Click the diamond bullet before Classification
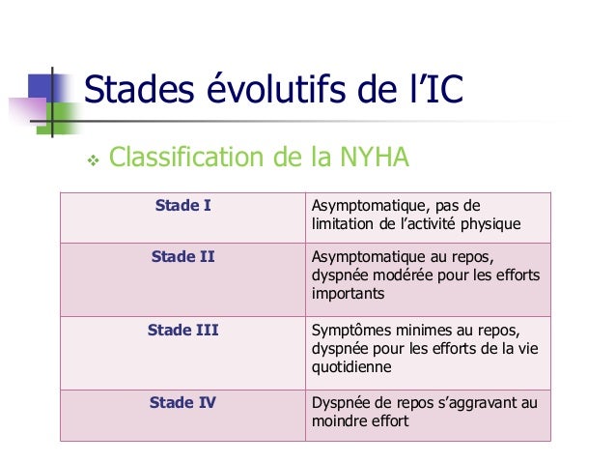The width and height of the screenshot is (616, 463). pyautogui.click(x=94, y=157)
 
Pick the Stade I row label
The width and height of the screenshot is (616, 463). pyautogui.click(x=183, y=205)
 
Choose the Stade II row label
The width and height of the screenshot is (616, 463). pyautogui.click(x=183, y=257)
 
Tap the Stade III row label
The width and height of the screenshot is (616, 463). pyautogui.click(x=183, y=330)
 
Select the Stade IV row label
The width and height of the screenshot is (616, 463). pyautogui.click(x=183, y=402)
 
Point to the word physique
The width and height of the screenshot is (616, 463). pyautogui.click(x=491, y=224)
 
